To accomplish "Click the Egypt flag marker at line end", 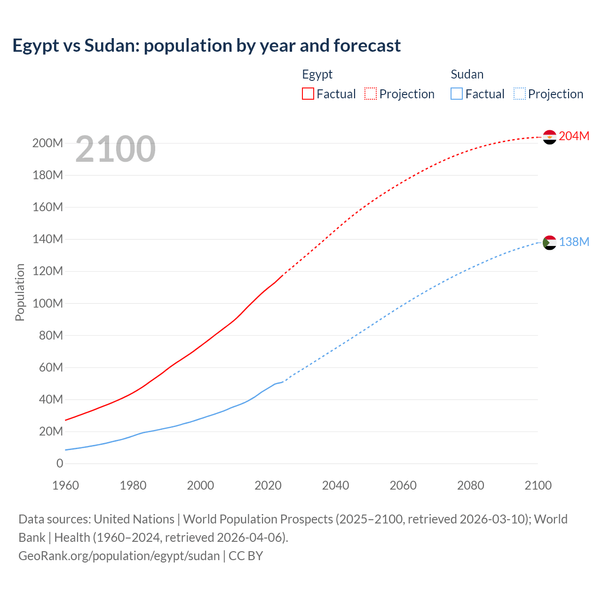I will [549, 137].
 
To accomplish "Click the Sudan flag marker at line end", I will [549, 243].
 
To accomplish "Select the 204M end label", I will [574, 136].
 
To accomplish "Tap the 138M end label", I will [574, 242].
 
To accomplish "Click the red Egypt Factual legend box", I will [308, 94].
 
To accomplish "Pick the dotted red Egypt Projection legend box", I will [371, 94].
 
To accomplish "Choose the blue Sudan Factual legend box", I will [457, 94].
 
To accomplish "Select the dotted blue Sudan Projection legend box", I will [520, 94].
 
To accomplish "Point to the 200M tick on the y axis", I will [48, 143].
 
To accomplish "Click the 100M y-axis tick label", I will [48, 303].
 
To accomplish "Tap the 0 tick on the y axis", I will [60, 463].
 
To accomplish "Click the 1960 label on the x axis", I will [65, 485].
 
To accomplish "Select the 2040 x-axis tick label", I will [335, 485].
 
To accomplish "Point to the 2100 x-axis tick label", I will [538, 485].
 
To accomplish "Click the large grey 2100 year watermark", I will [115, 149].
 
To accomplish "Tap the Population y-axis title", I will [20, 292].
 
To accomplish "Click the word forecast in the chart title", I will [367, 46].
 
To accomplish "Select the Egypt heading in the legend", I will [317, 74].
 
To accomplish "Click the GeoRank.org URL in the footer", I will [119, 555].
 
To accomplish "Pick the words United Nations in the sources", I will [134, 519].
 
